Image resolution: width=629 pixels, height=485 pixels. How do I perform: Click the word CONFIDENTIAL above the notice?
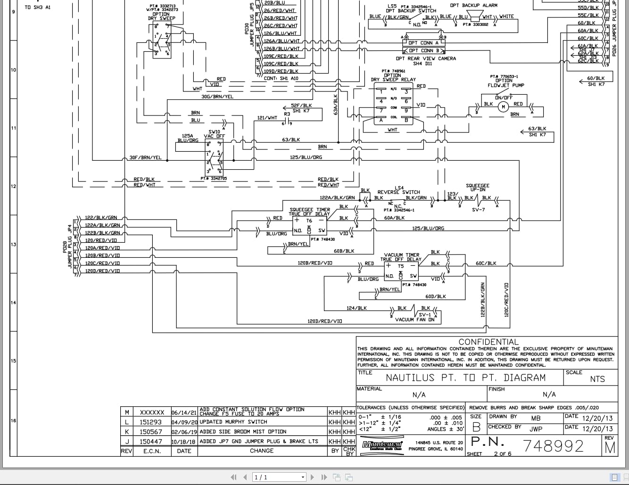tap(488, 342)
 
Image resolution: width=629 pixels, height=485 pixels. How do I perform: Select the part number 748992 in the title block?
tap(554, 445)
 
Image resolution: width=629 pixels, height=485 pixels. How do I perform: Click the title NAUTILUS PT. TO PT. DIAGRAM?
tap(465, 378)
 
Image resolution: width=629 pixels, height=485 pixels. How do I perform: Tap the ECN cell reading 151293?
tap(150, 422)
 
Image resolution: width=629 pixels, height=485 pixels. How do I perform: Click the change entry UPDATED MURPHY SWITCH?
tap(229, 422)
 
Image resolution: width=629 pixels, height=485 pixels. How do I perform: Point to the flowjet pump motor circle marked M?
tap(503, 107)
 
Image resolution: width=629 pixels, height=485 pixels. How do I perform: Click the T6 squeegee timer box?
tap(309, 226)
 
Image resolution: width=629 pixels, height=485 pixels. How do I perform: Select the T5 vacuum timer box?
tap(401, 271)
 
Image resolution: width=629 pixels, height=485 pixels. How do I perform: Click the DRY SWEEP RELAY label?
tap(393, 80)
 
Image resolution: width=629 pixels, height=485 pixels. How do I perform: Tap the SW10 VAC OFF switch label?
tap(214, 134)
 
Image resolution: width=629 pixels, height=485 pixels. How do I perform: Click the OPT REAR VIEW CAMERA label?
tap(426, 58)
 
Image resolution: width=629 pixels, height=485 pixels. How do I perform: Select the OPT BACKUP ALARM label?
tap(473, 6)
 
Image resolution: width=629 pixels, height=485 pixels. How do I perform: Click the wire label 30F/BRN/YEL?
tap(145, 157)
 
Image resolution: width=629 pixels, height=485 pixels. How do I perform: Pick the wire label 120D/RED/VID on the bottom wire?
tap(324, 321)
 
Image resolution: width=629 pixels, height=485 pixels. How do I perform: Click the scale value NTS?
tap(597, 379)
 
